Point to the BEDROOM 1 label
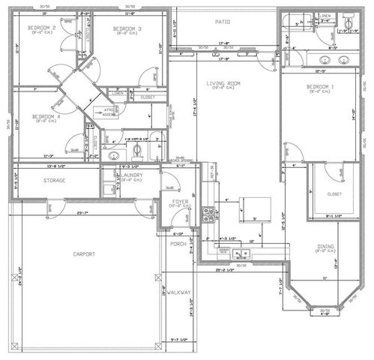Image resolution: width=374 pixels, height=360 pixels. click(319, 88)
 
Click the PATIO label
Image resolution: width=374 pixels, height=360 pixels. click(222, 22)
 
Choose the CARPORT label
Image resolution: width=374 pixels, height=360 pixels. click(85, 254)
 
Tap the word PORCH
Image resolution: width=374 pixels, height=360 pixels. click(178, 244)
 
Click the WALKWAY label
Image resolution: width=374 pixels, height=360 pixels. click(179, 292)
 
